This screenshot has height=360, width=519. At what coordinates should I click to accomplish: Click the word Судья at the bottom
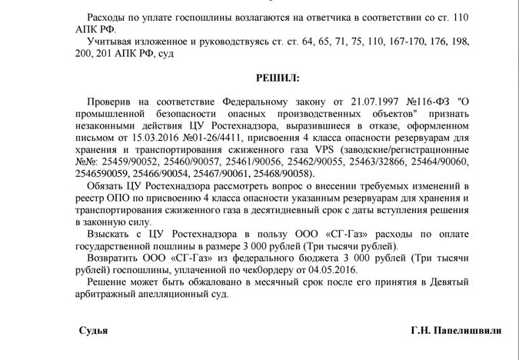(93, 331)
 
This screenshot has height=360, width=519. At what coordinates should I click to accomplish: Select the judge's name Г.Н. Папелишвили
(456, 331)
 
